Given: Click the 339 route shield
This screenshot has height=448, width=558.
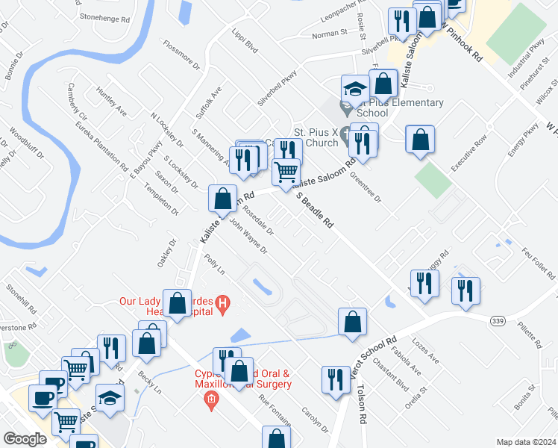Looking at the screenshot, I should pyautogui.click(x=498, y=320).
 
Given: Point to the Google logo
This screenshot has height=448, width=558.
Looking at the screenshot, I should pyautogui.click(x=25, y=439).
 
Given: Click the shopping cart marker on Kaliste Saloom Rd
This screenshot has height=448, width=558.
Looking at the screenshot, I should pyautogui.click(x=286, y=173).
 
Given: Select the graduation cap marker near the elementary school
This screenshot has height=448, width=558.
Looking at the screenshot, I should pyautogui.click(x=354, y=90).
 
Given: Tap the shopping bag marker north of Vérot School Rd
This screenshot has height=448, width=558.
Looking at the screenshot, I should pyautogui.click(x=351, y=321).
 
